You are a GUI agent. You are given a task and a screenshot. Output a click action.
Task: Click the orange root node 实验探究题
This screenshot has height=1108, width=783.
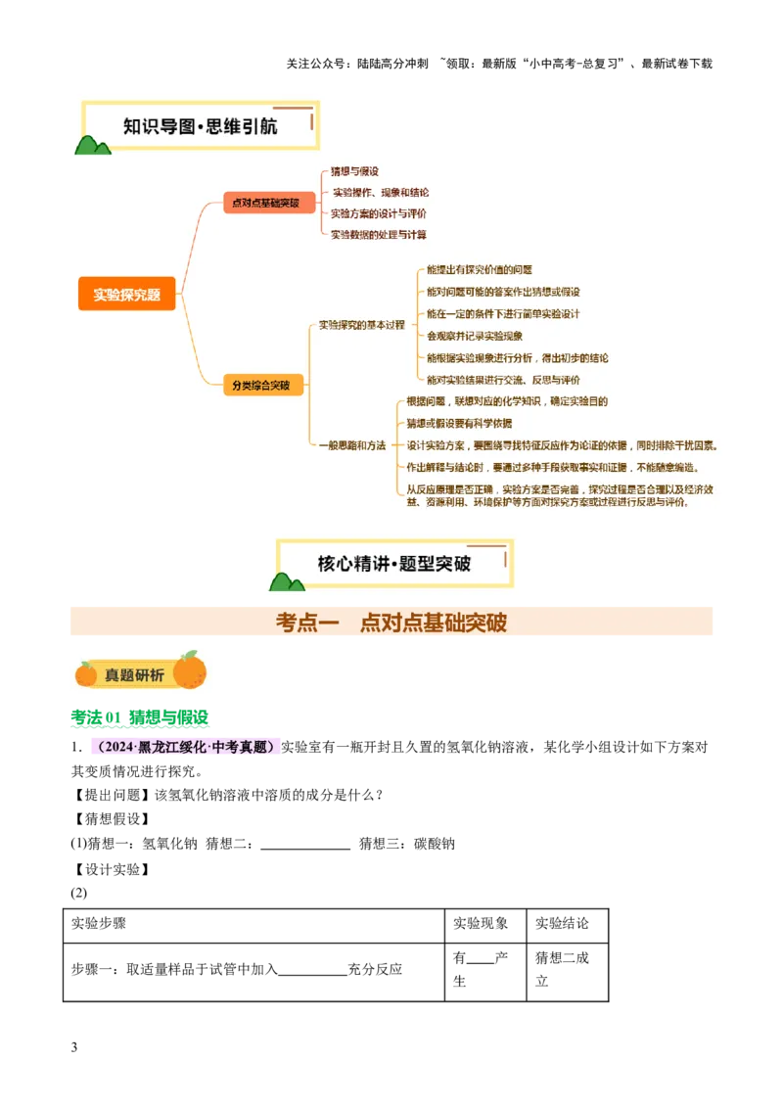[126, 294]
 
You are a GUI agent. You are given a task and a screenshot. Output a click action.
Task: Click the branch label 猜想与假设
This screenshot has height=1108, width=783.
[354, 171]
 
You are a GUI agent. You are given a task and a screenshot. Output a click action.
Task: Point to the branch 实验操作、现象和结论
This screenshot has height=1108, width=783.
[380, 193]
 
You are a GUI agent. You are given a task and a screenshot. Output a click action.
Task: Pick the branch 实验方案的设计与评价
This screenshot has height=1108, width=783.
[378, 213]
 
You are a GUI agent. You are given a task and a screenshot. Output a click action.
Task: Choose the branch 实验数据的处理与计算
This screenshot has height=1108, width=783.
[378, 235]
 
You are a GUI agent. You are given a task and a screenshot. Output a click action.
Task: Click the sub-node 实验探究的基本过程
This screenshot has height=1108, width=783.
[361, 325]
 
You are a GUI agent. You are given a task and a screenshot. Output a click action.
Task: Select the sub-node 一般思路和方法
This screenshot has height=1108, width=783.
[352, 445]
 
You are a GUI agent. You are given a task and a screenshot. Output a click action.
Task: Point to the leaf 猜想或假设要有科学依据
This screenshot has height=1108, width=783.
[459, 423]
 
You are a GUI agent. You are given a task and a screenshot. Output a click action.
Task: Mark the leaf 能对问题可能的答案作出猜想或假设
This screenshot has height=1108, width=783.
[503, 292]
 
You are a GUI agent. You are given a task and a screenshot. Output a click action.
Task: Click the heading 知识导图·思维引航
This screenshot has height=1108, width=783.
[200, 126]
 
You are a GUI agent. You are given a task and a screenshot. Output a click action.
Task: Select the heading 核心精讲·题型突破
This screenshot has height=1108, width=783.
[394, 564]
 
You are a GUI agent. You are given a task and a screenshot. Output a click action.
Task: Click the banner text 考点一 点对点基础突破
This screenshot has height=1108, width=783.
[391, 623]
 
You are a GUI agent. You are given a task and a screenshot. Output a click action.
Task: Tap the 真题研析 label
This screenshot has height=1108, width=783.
[134, 674]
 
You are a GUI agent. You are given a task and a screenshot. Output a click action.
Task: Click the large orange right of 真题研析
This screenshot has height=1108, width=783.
[190, 670]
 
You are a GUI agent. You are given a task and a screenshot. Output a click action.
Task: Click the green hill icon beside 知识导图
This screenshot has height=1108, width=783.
[92, 145]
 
